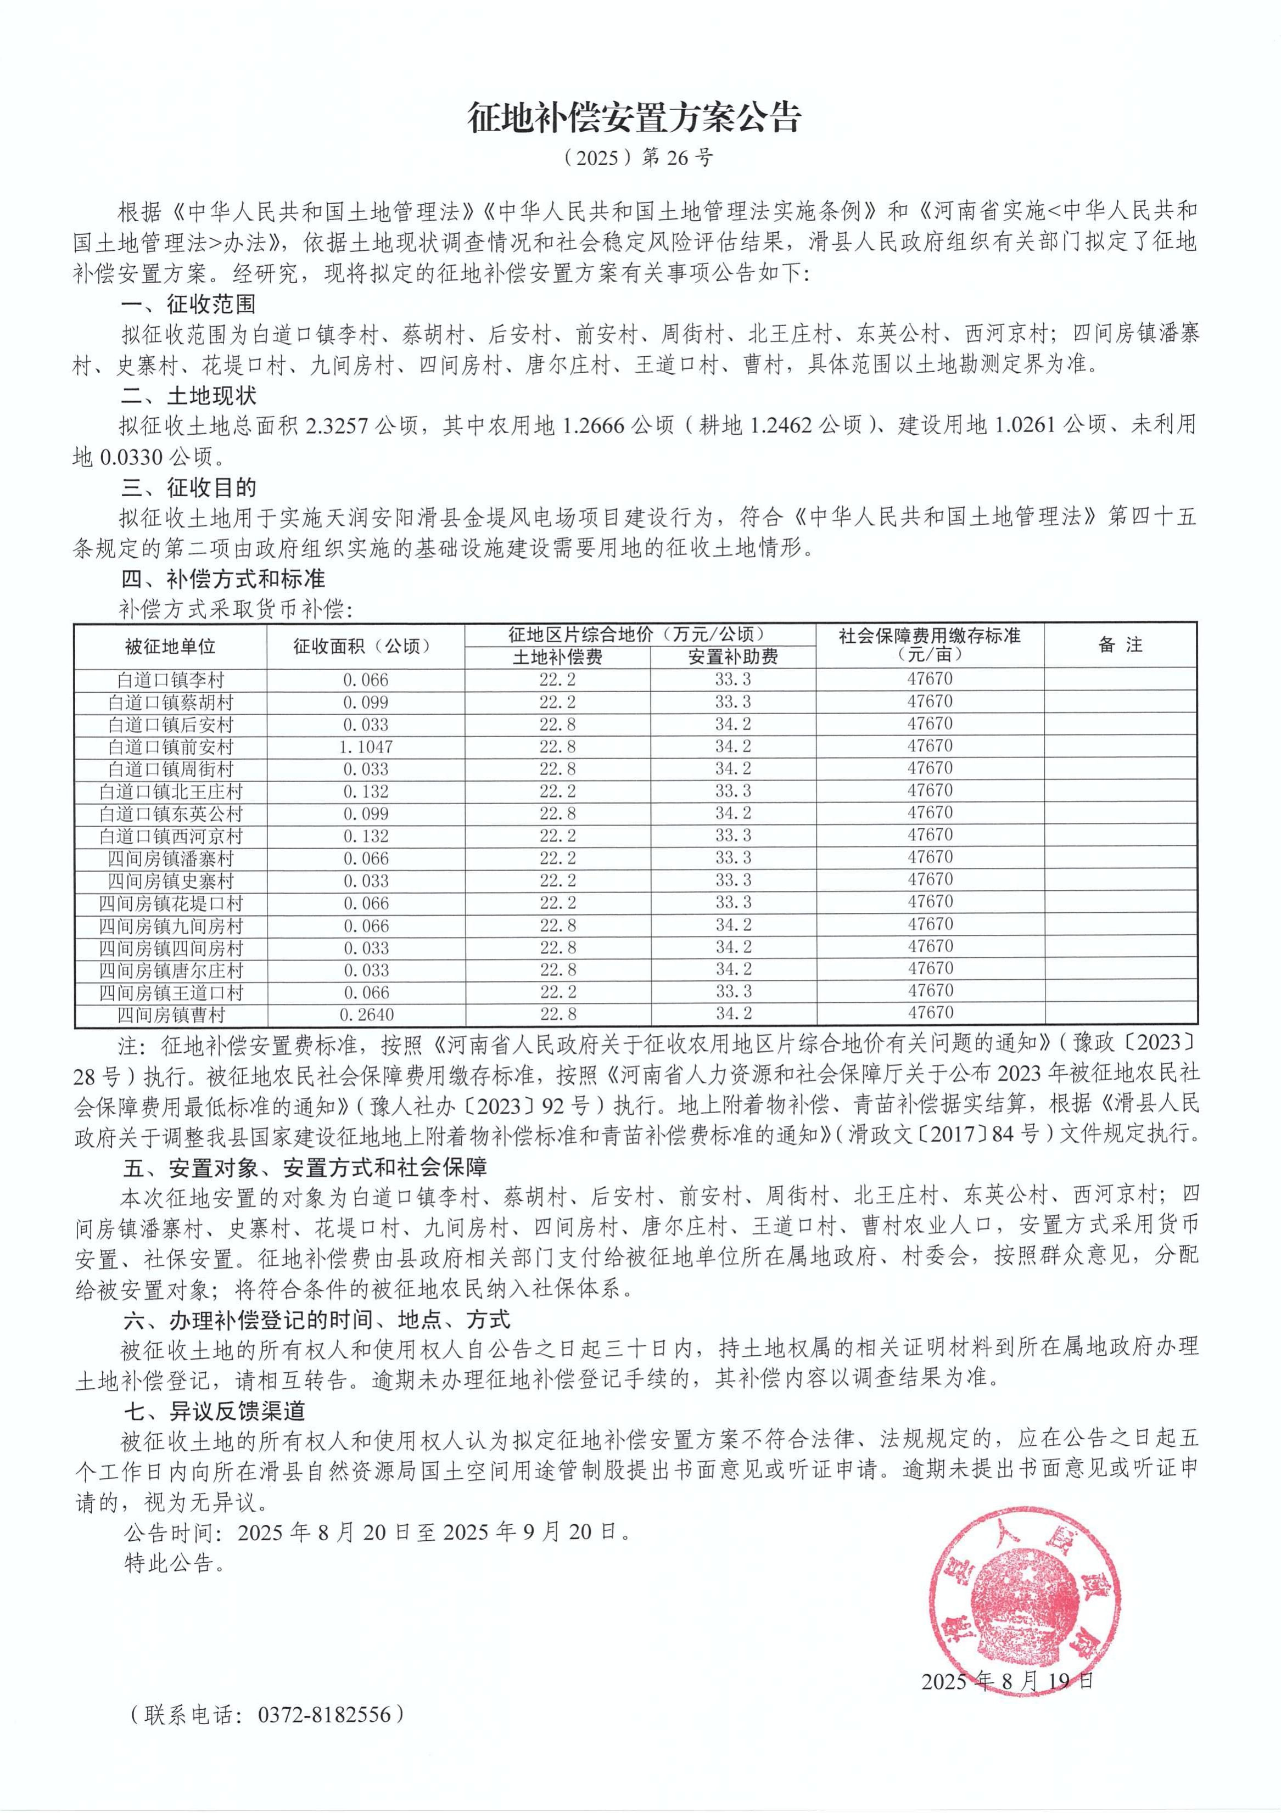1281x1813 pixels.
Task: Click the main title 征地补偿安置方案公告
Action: (x=634, y=119)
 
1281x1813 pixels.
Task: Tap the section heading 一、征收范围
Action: (x=189, y=304)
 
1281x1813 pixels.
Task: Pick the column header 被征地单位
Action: (x=171, y=647)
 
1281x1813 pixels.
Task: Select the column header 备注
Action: (x=1120, y=645)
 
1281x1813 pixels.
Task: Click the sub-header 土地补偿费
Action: (x=557, y=657)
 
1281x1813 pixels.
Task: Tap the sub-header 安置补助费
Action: (x=733, y=657)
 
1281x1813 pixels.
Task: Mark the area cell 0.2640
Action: (x=366, y=1015)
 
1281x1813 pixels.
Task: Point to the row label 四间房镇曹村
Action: (x=171, y=1015)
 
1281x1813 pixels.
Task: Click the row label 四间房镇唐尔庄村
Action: (x=171, y=970)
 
